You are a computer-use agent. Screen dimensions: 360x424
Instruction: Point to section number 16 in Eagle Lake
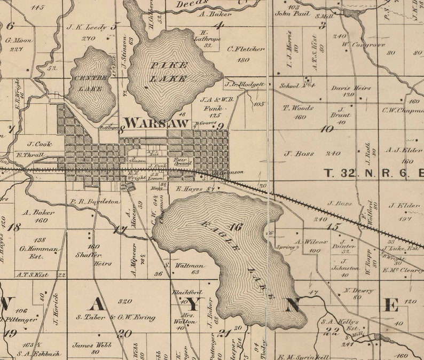pyautogui.click(x=235, y=227)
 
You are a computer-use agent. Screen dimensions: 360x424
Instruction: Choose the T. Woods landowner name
pyautogui.click(x=298, y=108)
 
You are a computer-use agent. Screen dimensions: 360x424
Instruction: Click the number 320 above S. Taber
pyautogui.click(x=125, y=301)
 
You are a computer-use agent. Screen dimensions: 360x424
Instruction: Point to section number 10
pyautogui.click(x=326, y=129)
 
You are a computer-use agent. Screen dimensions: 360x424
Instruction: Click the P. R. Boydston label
pyautogui.click(x=95, y=201)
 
